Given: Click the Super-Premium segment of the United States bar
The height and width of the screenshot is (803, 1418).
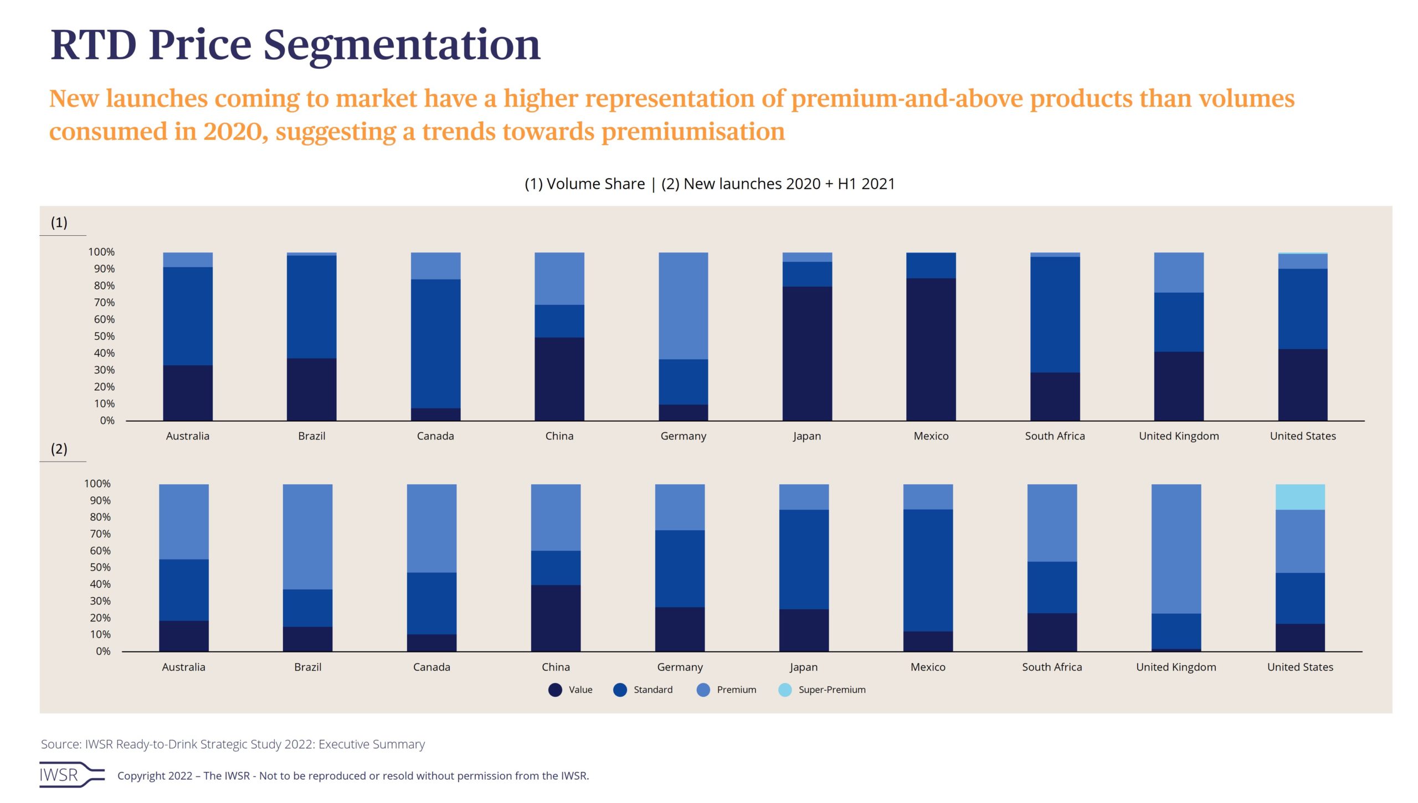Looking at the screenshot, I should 1300,497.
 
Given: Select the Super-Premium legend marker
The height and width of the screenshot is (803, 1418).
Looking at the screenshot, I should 785,690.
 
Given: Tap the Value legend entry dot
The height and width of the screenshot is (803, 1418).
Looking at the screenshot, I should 555,690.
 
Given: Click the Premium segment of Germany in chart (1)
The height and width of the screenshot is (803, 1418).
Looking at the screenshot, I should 683,306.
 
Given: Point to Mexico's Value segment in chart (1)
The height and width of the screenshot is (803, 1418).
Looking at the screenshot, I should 931,349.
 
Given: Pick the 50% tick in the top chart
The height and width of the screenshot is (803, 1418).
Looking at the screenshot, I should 104,336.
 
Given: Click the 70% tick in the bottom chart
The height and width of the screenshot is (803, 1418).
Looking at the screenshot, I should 100,534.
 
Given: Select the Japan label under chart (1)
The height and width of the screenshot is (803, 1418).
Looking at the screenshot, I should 806,436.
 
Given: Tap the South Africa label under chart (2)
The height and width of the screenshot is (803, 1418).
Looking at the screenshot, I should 1052,667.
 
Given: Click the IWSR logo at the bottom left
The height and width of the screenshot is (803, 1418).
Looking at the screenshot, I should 71,775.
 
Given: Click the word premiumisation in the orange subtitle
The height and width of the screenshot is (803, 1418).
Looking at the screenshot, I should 693,132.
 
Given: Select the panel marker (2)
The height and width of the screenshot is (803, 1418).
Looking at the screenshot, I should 59,449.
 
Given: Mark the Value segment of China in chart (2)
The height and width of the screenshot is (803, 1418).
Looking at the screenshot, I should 556,618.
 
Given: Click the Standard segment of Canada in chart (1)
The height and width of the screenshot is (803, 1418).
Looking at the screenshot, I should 435,344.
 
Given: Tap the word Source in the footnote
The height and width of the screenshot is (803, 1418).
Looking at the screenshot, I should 60,744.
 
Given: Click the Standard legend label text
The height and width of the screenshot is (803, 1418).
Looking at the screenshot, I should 653,690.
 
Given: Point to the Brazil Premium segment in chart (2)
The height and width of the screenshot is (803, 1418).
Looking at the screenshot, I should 307,537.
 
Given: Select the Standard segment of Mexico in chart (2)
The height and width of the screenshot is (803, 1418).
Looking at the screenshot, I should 928,570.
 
